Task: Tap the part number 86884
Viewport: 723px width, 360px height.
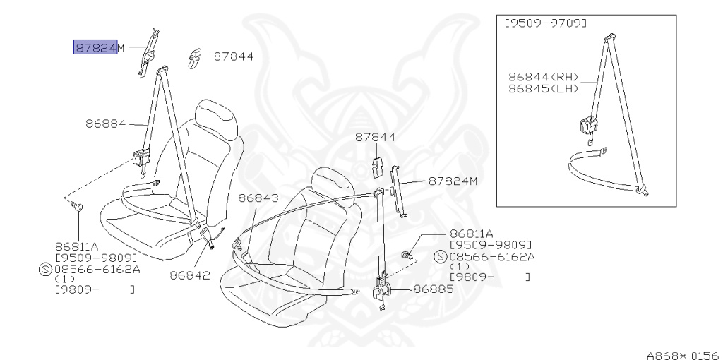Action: [105, 124]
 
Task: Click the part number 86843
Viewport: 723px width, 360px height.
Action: [258, 199]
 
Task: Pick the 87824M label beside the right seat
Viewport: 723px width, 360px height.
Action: [453, 181]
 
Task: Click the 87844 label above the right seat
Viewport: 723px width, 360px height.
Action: [375, 138]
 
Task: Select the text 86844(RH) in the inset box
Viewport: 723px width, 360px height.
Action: [543, 76]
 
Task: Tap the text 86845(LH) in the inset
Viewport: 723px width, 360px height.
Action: [543, 88]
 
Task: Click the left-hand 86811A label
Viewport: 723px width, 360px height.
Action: [76, 246]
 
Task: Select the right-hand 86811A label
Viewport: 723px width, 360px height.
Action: [471, 233]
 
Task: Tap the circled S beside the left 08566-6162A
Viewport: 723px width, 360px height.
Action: [45, 268]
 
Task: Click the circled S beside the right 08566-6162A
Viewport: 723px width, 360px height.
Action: [441, 256]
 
